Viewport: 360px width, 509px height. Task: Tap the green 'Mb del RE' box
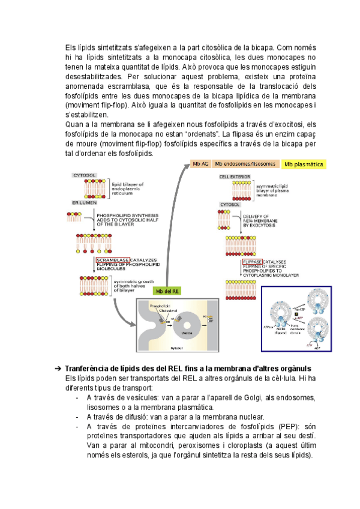[x=168, y=291]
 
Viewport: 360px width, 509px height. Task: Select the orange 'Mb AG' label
[x=200, y=163]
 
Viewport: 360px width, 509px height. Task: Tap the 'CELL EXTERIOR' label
[x=233, y=177]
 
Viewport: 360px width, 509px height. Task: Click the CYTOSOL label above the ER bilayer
[x=84, y=175]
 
